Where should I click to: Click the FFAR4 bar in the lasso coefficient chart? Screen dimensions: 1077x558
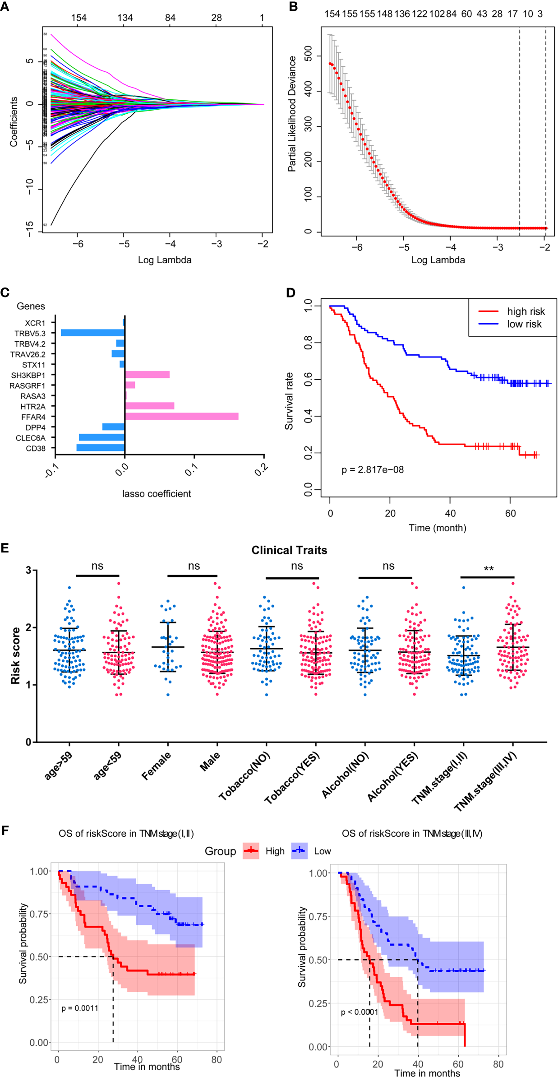coord(181,416)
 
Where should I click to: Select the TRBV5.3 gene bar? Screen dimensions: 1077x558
coord(93,333)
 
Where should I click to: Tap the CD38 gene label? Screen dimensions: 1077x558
coord(36,448)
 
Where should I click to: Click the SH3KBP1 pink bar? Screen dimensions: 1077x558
coord(147,375)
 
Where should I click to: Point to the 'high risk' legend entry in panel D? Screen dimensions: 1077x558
coord(526,311)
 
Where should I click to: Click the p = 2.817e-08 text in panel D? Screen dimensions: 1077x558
coord(372,469)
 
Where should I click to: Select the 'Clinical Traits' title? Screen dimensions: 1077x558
coord(289,550)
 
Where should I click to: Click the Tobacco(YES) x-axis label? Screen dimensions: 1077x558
coord(292,778)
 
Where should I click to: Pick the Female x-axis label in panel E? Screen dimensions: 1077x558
coord(157,766)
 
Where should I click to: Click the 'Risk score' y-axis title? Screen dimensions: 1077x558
coord(15,655)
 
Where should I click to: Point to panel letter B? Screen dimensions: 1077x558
coord(293,7)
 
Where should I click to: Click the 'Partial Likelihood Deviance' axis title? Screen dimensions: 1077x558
coord(292,114)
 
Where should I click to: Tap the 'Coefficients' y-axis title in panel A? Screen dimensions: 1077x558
coord(14,121)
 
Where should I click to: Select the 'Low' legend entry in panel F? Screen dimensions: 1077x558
coord(322,851)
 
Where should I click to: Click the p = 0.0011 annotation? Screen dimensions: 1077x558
coord(80,1008)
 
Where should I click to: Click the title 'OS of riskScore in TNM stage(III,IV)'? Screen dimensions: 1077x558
coord(412,833)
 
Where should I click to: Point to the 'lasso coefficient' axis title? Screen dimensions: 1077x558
coord(156,494)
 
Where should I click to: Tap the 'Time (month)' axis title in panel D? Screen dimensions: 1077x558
coord(437,528)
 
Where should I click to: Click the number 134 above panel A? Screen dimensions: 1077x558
coord(125,18)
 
